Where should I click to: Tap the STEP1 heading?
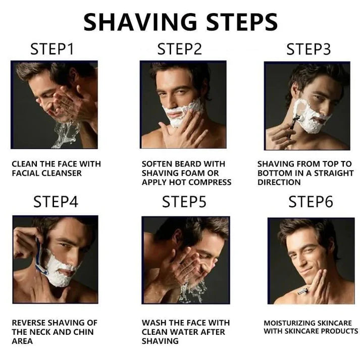(x=52, y=49)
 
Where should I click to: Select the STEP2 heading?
(x=179, y=49)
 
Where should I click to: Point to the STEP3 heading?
(x=308, y=49)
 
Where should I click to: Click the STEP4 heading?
(x=56, y=202)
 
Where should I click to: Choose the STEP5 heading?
(x=184, y=202)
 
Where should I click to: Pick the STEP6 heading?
(x=311, y=202)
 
